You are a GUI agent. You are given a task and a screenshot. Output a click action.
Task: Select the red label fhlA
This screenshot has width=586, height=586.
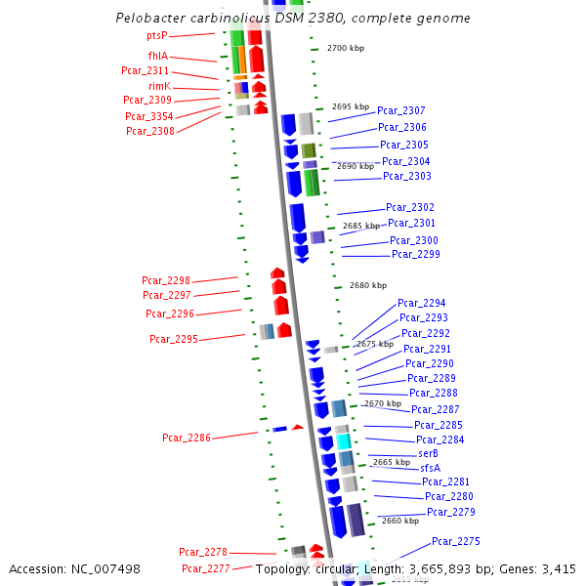(x=157, y=57)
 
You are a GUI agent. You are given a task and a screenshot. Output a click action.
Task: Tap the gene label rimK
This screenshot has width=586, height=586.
(x=159, y=86)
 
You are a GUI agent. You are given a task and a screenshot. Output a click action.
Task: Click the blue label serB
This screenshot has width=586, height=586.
(x=428, y=454)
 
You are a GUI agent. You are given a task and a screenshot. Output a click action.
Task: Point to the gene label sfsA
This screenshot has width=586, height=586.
(x=431, y=468)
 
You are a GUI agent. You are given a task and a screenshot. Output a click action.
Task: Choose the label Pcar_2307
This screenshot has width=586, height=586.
(x=401, y=111)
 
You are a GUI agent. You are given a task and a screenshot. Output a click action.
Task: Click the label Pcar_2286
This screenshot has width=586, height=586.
(x=187, y=439)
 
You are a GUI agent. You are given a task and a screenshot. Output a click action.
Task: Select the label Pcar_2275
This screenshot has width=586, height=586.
(x=456, y=541)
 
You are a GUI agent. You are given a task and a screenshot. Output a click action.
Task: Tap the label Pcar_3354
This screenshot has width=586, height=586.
(x=149, y=116)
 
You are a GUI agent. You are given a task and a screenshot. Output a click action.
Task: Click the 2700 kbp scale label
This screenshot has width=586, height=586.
(x=345, y=48)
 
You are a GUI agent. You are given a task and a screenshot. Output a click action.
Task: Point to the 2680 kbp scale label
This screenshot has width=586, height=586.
(x=367, y=286)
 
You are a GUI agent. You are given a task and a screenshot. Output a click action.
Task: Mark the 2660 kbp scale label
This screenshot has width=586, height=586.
(x=400, y=522)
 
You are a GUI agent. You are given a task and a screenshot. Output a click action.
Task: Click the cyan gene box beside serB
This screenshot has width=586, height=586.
(x=344, y=441)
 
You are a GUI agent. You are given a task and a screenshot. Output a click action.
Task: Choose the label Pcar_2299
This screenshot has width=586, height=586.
(x=416, y=255)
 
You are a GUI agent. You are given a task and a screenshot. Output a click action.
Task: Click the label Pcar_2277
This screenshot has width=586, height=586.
(x=206, y=568)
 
